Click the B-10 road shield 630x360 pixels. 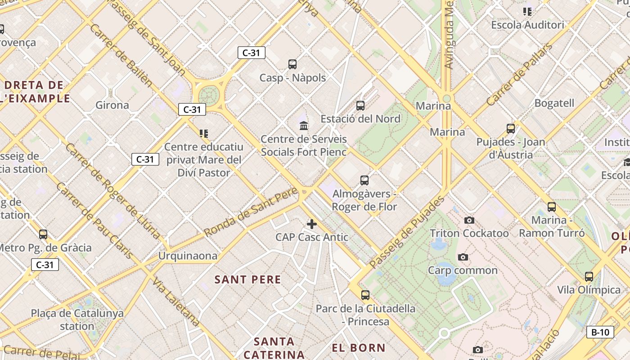(x=600, y=332)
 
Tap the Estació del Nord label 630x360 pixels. (x=360, y=119)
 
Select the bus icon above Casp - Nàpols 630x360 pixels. (x=292, y=64)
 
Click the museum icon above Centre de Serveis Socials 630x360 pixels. (x=304, y=126)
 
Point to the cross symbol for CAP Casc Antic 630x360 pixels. (x=311, y=224)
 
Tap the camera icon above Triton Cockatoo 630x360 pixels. (x=469, y=220)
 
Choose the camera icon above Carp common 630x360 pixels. (x=463, y=257)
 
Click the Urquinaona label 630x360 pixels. (x=188, y=256)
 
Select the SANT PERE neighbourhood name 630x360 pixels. (x=247, y=279)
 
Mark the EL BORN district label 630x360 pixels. (x=359, y=347)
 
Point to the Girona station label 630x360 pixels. (x=112, y=105)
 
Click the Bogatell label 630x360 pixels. (x=554, y=103)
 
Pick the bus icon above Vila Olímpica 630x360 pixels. (x=589, y=276)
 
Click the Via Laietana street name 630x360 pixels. (x=176, y=301)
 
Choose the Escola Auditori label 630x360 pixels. (x=527, y=25)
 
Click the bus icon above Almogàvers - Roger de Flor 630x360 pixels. (x=364, y=180)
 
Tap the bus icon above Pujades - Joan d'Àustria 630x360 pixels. (x=510, y=129)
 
